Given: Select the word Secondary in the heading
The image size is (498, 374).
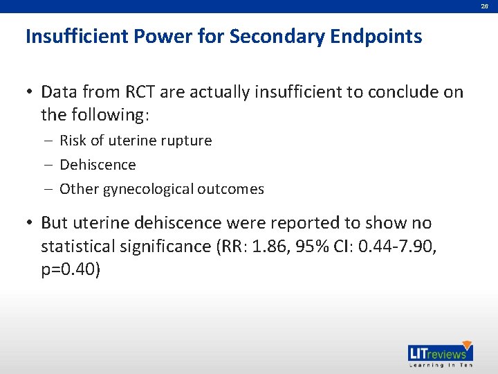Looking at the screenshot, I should pyautogui.click(x=276, y=36).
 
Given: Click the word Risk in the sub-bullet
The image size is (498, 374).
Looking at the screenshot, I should pyautogui.click(x=73, y=141).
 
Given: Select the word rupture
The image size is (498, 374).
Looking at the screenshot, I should pyautogui.click(x=186, y=141).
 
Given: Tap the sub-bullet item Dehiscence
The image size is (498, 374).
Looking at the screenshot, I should pyautogui.click(x=98, y=165).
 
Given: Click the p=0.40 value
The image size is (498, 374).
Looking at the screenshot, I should pyautogui.click(x=71, y=269).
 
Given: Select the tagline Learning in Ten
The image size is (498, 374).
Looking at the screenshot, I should pyautogui.click(x=439, y=366).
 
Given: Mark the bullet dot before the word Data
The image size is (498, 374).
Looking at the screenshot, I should pyautogui.click(x=30, y=92).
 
